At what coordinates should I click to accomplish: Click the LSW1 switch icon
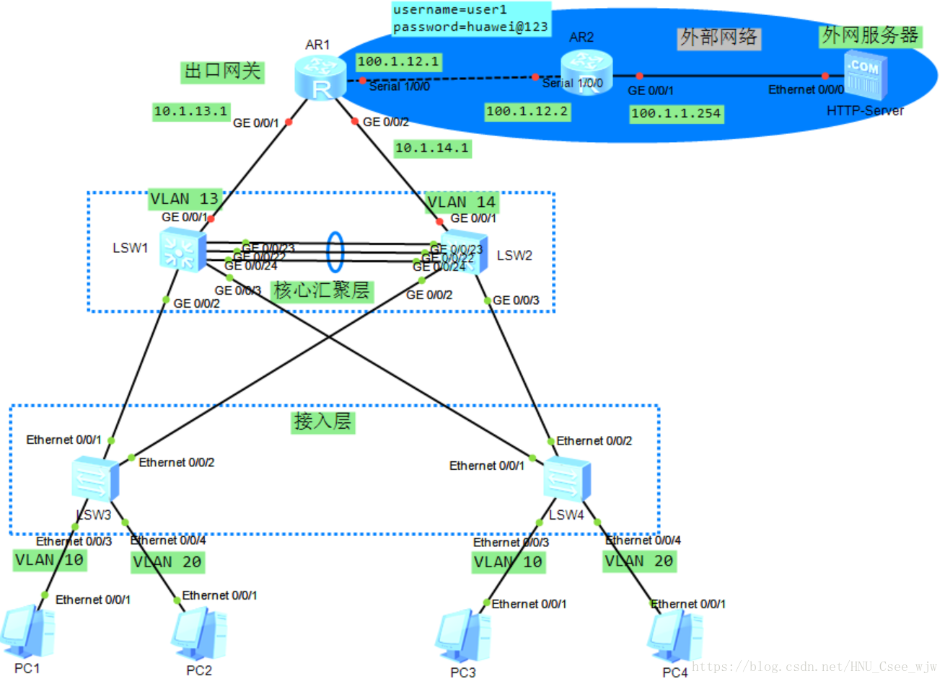[x=183, y=249]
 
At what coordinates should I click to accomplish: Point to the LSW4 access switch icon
[x=566, y=479]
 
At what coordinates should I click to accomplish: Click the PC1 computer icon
[x=27, y=632]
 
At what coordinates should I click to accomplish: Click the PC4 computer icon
[x=674, y=637]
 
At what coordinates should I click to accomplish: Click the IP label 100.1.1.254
[x=676, y=113]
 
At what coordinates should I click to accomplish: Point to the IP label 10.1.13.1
[x=190, y=111]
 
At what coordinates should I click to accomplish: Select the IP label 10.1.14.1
[x=432, y=148]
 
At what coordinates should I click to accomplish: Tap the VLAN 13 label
[x=184, y=198]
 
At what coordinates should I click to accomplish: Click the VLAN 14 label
[x=462, y=202]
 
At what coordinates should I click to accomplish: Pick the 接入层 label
[x=322, y=422]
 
